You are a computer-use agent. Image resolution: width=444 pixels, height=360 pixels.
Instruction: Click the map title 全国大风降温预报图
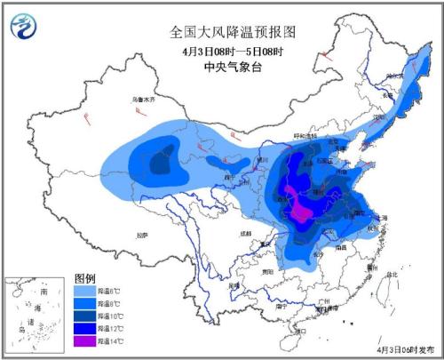[x=232, y=31]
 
